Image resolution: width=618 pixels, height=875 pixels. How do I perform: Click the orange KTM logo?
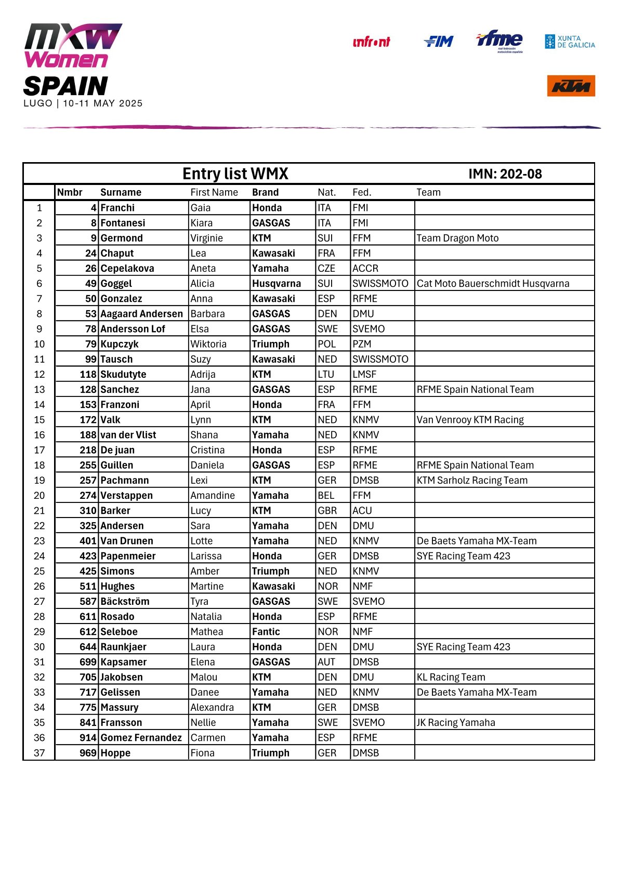[x=570, y=86]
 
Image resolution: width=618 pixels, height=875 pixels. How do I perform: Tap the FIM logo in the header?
[x=439, y=42]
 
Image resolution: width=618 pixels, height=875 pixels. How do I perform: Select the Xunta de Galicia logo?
[x=570, y=42]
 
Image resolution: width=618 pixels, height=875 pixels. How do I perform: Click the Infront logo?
[x=371, y=42]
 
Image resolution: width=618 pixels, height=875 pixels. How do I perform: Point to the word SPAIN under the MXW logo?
[x=65, y=86]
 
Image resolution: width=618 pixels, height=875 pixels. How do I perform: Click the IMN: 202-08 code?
[x=505, y=174]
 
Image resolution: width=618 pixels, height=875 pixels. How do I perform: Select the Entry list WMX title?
[x=235, y=174]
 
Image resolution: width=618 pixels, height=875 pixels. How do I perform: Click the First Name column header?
[x=214, y=192]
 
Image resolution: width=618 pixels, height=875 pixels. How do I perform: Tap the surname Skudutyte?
[x=123, y=374]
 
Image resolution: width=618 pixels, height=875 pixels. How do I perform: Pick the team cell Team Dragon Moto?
[x=457, y=238]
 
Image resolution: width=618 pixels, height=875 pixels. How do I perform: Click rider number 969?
[x=88, y=753]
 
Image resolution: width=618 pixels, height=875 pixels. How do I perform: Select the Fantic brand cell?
[x=266, y=632]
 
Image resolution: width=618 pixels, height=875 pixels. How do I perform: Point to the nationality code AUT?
[x=326, y=662]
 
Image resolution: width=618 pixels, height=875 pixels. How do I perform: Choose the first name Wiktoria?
[x=208, y=344]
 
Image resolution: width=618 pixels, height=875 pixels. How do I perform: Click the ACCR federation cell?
[x=365, y=268]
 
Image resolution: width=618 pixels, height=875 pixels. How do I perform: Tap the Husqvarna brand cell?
[x=277, y=283]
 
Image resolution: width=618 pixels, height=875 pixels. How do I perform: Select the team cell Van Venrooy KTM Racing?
[x=470, y=420]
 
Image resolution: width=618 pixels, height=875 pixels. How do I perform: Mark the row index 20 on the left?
[x=39, y=495]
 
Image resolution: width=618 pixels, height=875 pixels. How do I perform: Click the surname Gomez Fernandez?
[x=141, y=738]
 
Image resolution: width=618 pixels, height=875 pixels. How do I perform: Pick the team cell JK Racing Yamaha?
[x=456, y=723]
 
